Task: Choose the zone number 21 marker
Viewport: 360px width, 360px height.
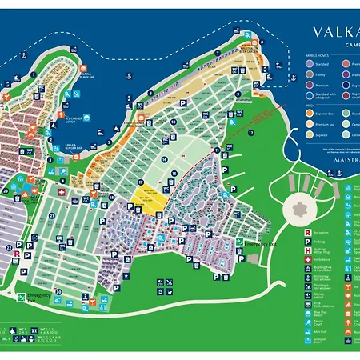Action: coord(7,191)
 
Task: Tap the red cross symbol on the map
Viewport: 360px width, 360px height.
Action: coord(61,193)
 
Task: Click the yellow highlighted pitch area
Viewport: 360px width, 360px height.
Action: coord(148,198)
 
